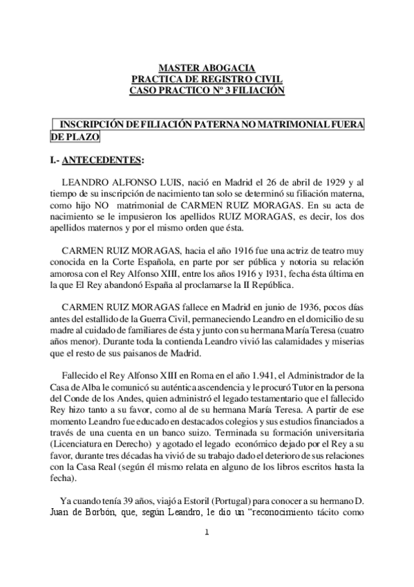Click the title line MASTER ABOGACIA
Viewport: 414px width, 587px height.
pyautogui.click(x=207, y=68)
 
